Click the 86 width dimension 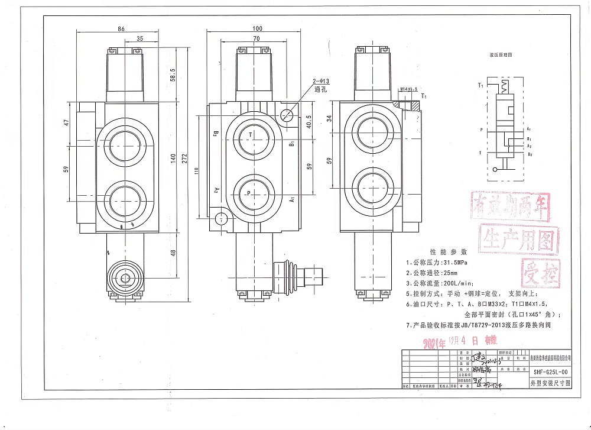(x=121, y=28)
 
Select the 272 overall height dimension (x=185, y=159)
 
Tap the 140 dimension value (x=173, y=158)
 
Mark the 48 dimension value (x=173, y=253)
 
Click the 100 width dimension (x=257, y=28)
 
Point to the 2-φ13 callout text (x=322, y=81)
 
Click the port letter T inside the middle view (x=251, y=135)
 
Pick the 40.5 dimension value (x=309, y=122)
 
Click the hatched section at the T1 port (x=415, y=106)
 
